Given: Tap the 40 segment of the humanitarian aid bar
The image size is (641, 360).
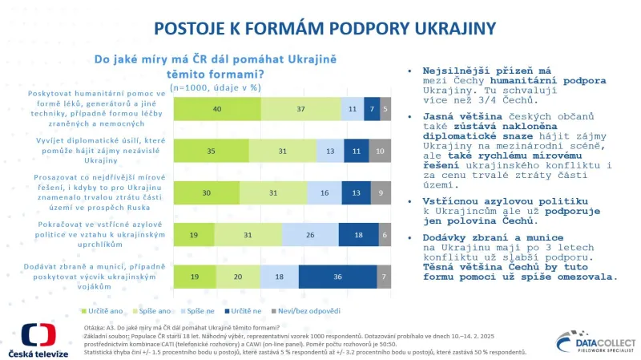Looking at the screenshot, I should point(217,107).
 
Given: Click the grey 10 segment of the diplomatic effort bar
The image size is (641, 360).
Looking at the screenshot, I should point(380,149).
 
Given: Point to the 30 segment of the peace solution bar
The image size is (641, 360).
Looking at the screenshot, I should point(207,192).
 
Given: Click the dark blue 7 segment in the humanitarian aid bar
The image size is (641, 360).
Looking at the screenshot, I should point(371,107).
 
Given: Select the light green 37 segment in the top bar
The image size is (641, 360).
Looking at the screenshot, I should point(300,107).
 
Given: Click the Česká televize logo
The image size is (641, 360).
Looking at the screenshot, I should point(38,339).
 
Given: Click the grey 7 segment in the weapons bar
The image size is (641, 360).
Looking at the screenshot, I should point(384,276).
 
